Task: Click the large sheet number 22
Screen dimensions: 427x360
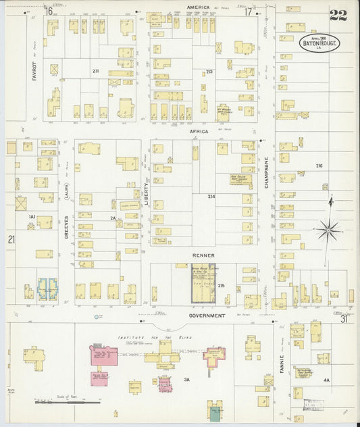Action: (338, 16)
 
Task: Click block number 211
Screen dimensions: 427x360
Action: (96, 70)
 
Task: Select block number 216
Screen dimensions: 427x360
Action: (319, 166)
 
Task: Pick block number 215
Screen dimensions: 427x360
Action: (221, 286)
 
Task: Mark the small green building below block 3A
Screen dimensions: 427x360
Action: (214, 414)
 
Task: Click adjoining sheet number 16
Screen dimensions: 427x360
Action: (49, 11)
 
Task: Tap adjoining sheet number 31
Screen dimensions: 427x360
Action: (344, 320)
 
